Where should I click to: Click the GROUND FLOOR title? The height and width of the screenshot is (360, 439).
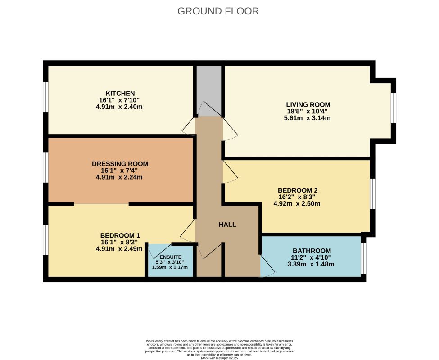point(218,11)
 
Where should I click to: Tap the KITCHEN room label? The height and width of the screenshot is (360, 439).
point(120,93)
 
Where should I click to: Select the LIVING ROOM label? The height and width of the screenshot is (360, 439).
point(308,104)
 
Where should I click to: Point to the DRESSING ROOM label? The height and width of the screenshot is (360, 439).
point(120,164)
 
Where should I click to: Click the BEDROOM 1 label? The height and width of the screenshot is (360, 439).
point(120,235)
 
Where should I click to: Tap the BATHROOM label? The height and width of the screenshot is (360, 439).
point(312,251)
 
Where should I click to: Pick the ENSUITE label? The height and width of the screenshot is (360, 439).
point(171,257)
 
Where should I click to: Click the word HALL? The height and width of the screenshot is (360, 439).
point(227,225)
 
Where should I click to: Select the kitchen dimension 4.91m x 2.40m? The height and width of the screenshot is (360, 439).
point(119,107)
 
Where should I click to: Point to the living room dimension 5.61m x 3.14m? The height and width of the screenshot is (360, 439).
point(307,118)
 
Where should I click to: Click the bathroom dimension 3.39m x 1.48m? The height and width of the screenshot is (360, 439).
point(311,264)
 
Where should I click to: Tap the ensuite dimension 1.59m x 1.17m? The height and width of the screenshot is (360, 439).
point(170,267)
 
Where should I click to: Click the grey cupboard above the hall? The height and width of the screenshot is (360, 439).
point(209,91)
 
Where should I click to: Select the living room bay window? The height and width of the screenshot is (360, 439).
point(394,108)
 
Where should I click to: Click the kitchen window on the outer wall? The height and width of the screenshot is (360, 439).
point(45,97)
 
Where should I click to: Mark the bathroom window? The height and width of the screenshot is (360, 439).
point(363,258)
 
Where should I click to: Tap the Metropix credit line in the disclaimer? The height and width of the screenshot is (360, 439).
point(220,358)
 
